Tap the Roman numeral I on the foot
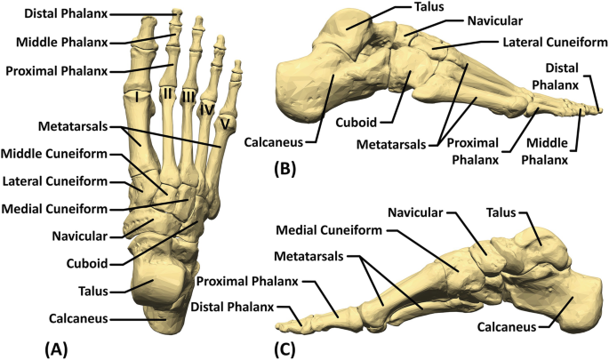pos(138,96)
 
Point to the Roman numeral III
pos(188,97)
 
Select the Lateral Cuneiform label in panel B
pos(537,43)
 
